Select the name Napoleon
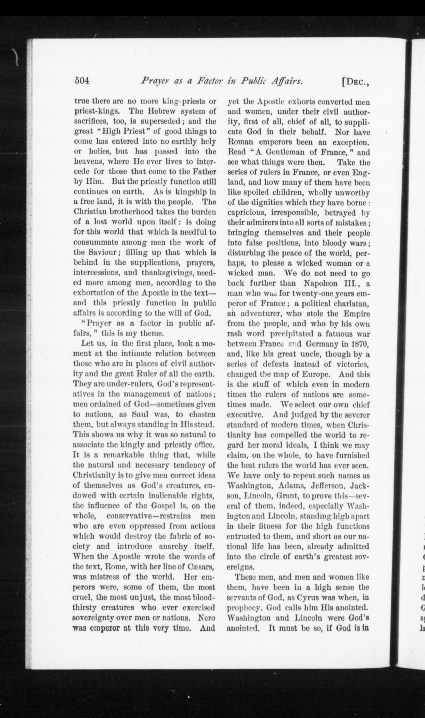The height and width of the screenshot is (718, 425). point(319,283)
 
